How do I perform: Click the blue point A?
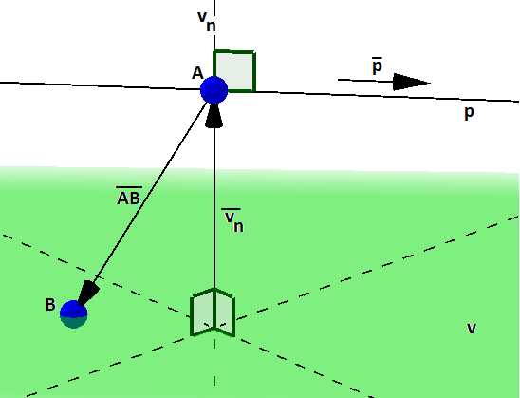pyautogui.click(x=214, y=90)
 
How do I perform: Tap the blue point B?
pyautogui.click(x=74, y=314)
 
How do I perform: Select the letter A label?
pyautogui.click(x=197, y=73)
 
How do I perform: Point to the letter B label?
pyautogui.click(x=50, y=304)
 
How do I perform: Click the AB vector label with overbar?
pyautogui.click(x=129, y=196)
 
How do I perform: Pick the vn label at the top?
pyautogui.click(x=207, y=21)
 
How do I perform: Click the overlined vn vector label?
pyautogui.click(x=232, y=219)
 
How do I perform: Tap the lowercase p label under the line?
pyautogui.click(x=469, y=113)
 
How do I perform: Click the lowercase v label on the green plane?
pyautogui.click(x=472, y=329)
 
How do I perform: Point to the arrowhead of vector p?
pyautogui.click(x=411, y=82)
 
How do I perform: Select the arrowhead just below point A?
pyautogui.click(x=214, y=116)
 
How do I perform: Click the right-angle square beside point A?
pyautogui.click(x=234, y=70)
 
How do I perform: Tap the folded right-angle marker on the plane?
pyautogui.click(x=213, y=313)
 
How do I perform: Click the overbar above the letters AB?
pyautogui.click(x=129, y=187)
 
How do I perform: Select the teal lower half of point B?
pyautogui.click(x=74, y=322)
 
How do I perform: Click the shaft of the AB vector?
pyautogui.click(x=150, y=190)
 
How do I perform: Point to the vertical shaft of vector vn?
pyautogui.click(x=214, y=208)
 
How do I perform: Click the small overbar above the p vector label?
pyautogui.click(x=377, y=59)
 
